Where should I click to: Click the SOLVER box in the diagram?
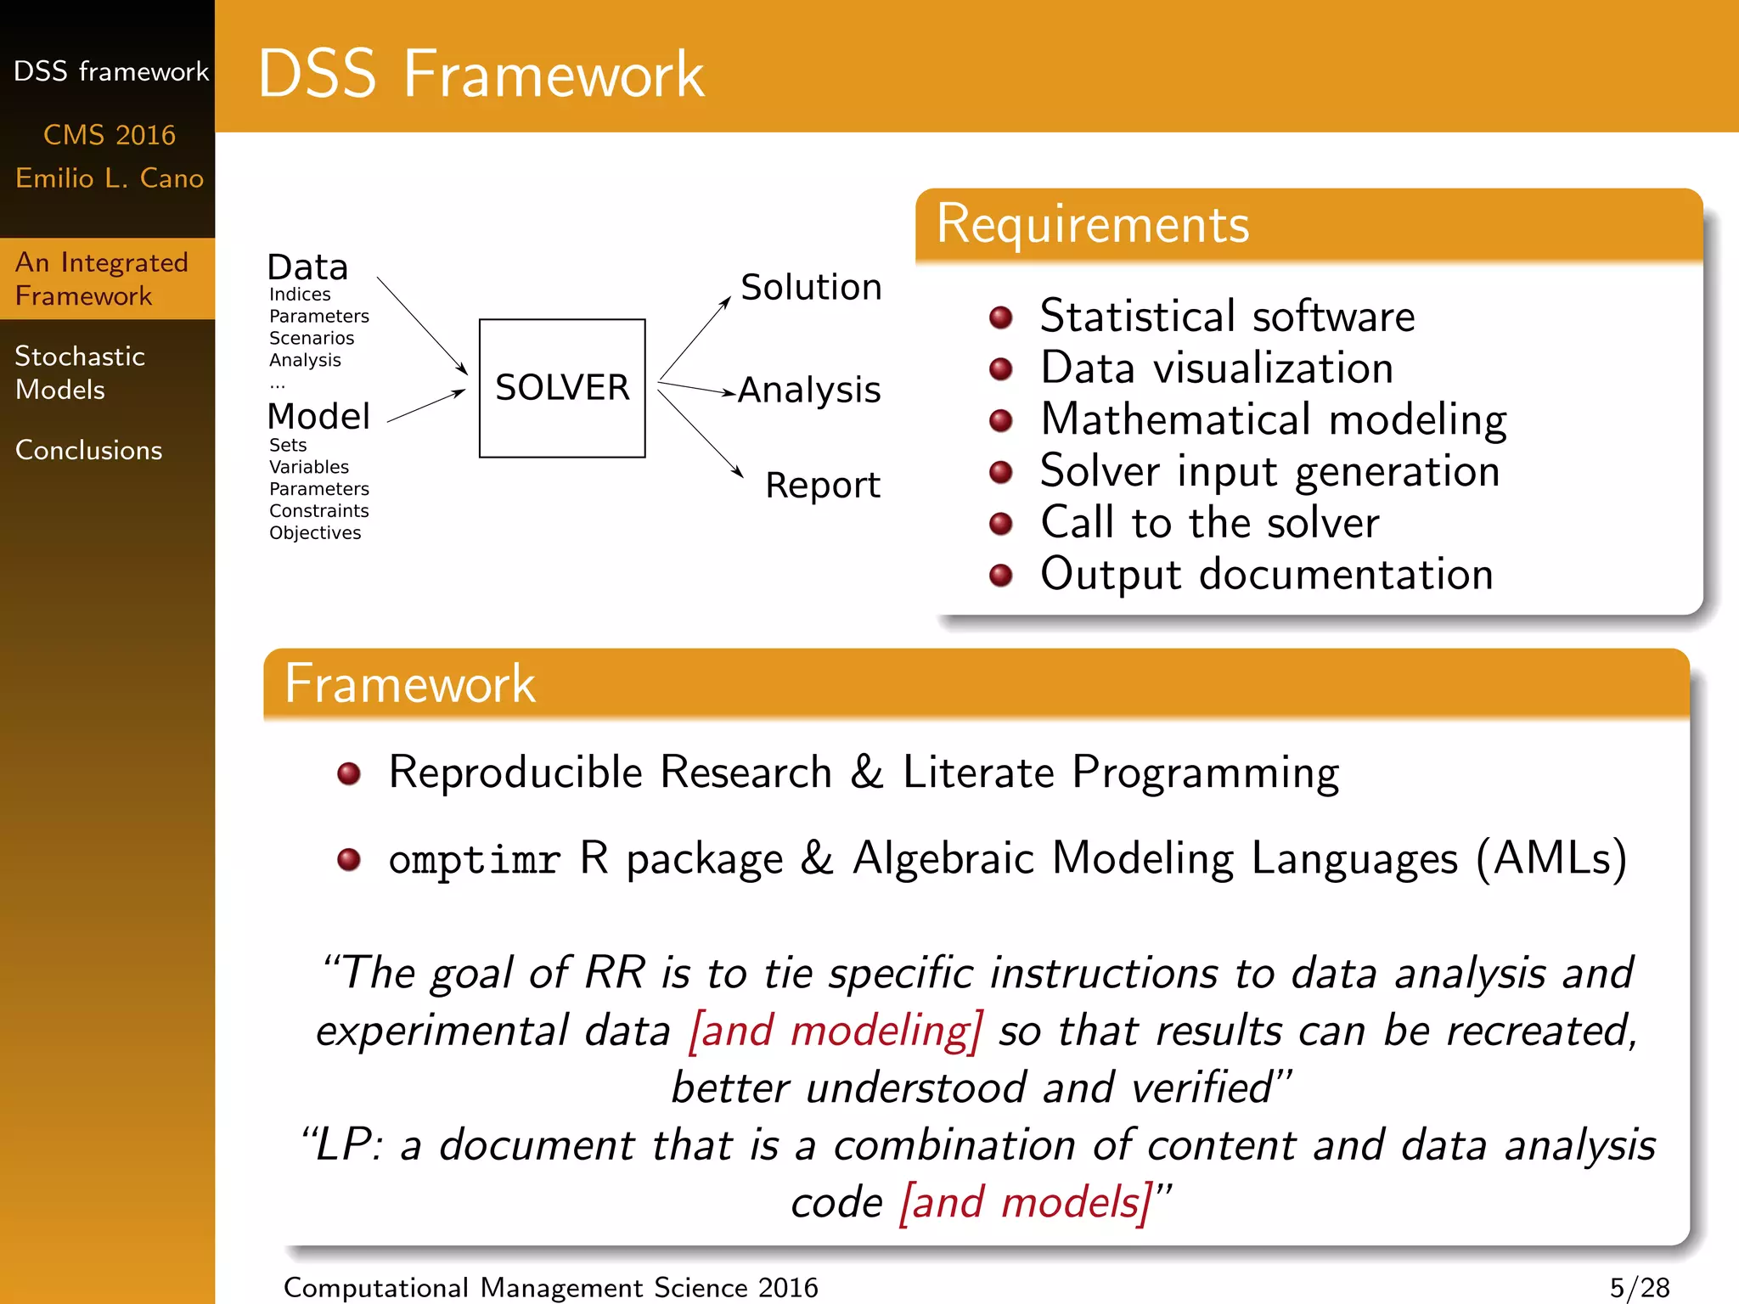[x=562, y=388]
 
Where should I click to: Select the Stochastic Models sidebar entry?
[x=80, y=373]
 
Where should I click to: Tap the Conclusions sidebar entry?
[x=88, y=450]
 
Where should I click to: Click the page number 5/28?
[x=1639, y=1287]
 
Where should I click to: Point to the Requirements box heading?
[x=1093, y=225]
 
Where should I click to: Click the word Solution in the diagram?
[x=811, y=288]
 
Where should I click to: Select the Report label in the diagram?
[x=822, y=486]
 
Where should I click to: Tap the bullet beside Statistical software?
[x=1001, y=318]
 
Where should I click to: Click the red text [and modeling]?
[x=836, y=1031]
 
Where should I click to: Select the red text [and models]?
[x=1026, y=1202]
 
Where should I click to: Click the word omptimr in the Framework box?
[x=474, y=859]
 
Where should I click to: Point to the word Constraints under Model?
[x=318, y=511]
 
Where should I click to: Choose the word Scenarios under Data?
[x=312, y=338]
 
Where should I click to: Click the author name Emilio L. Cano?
[x=110, y=178]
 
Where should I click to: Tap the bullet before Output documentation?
[x=1001, y=576]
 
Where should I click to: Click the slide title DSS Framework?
[x=481, y=75]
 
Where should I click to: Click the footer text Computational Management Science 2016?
[x=550, y=1287]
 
